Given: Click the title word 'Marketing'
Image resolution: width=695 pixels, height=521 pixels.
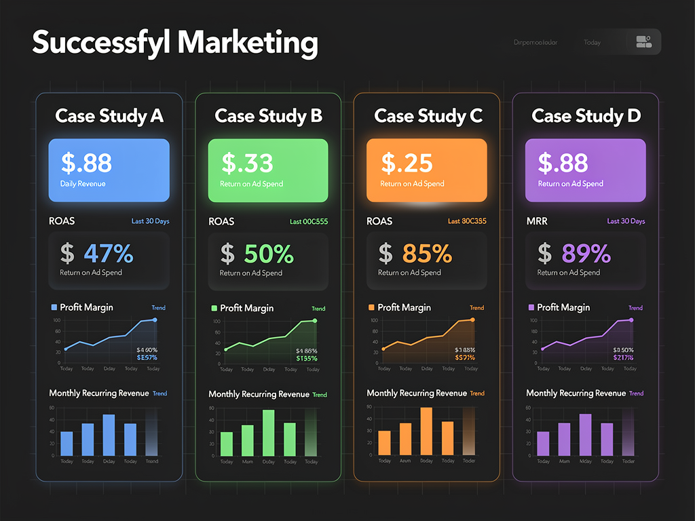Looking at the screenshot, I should [248, 43].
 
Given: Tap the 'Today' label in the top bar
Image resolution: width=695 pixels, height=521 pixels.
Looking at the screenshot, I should [592, 43].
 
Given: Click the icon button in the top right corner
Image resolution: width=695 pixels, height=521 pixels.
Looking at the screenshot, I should [643, 42].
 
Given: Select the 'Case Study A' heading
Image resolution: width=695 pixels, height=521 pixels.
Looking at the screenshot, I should [109, 116].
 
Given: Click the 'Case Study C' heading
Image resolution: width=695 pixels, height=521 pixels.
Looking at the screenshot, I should [428, 116].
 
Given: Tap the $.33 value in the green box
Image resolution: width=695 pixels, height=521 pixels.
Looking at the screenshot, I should [247, 163].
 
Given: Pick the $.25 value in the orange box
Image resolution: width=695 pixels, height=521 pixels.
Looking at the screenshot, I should [407, 163].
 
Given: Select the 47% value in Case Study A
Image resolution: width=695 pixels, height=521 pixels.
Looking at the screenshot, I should [109, 254].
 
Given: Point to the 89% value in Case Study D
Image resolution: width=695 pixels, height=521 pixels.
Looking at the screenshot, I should [586, 254].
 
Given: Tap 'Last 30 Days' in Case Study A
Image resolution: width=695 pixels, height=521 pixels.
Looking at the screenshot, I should [150, 221].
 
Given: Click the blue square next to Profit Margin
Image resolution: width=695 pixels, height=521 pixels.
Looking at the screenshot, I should [54, 307].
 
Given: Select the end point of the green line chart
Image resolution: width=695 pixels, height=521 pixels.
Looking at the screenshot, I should [314, 321].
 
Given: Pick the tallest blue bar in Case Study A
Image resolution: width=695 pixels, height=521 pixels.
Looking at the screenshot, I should [109, 435].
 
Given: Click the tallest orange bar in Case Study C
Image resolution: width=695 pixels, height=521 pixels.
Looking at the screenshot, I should [426, 431].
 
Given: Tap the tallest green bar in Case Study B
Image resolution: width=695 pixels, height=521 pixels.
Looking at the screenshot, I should [269, 433].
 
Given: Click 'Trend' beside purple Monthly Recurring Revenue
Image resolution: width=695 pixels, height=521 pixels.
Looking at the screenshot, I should [636, 393].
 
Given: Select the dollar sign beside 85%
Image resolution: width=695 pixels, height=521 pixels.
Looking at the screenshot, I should [386, 254].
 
